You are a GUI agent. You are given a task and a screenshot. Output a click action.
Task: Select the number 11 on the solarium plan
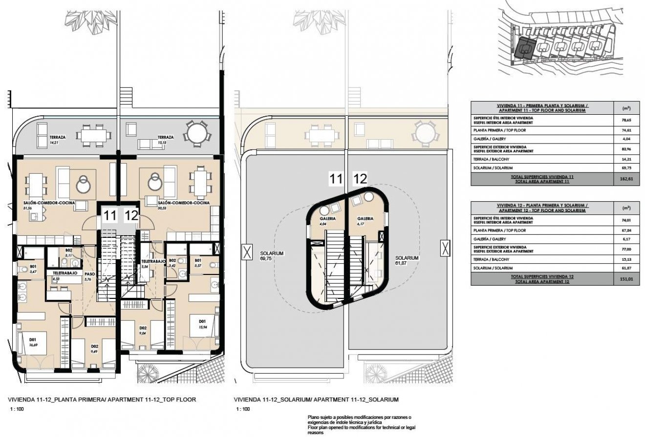(x=336, y=179)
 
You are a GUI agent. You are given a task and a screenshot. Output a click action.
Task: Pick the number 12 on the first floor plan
(x=130, y=215)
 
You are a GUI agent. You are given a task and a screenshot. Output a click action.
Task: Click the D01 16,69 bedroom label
(x=33, y=341)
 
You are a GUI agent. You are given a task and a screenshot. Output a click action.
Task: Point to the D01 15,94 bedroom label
(x=202, y=323)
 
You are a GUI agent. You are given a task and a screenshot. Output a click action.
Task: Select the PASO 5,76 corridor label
(x=89, y=277)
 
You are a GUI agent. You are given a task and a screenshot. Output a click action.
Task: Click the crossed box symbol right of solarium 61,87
(x=445, y=248)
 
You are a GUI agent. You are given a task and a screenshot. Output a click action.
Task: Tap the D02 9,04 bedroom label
(x=143, y=331)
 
